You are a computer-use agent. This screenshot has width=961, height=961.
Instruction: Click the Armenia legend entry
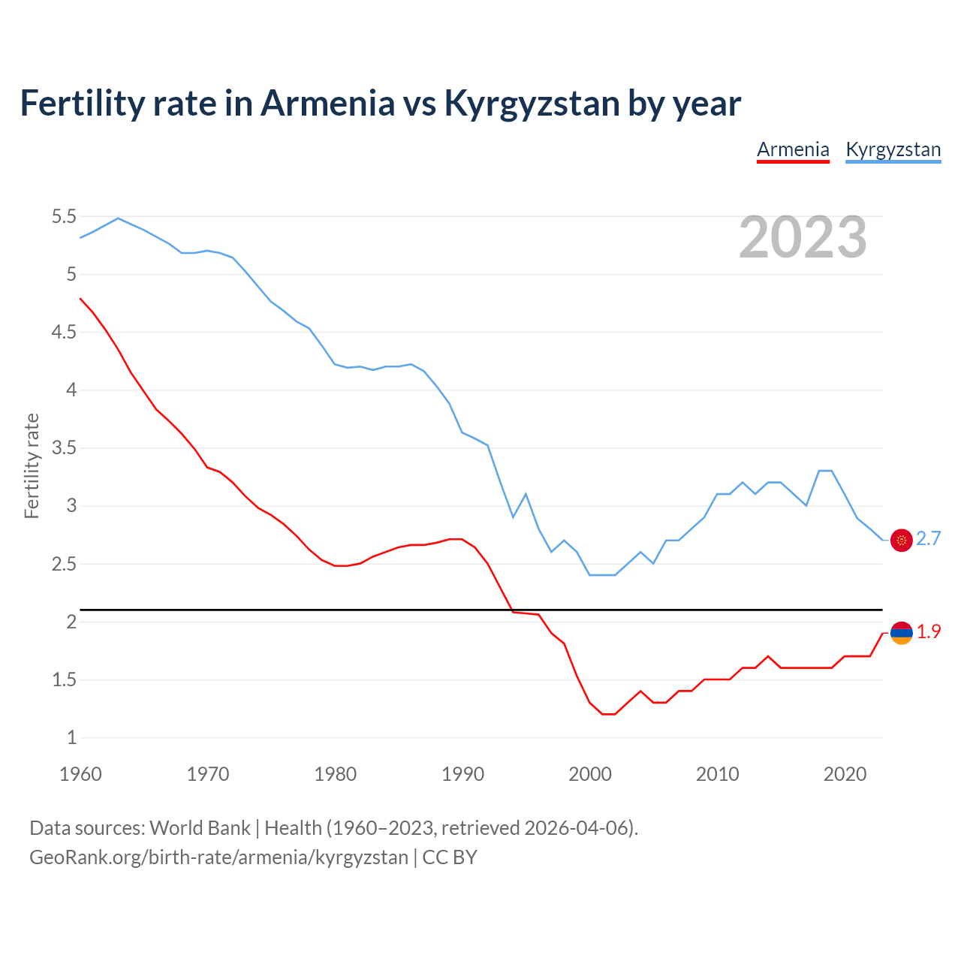[793, 149]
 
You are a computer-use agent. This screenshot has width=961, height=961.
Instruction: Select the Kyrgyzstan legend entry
[893, 149]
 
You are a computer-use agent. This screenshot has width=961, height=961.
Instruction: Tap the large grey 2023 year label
[803, 237]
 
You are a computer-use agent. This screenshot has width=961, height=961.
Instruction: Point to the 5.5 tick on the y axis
[64, 217]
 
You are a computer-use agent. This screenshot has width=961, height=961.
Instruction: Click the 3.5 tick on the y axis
[64, 448]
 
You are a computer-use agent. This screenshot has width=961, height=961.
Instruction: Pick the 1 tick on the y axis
[72, 737]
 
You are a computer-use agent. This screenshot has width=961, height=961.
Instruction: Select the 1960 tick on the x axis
[80, 774]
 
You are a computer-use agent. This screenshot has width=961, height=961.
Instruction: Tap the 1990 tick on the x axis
[462, 774]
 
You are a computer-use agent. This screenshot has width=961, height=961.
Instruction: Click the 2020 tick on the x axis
[845, 774]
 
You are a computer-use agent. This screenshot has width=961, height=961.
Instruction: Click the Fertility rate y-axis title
[32, 465]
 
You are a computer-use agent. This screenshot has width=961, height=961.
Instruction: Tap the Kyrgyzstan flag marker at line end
[901, 540]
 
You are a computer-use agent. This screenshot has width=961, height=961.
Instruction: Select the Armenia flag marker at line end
[901, 633]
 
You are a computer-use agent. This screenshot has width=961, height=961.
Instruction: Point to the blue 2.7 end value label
[929, 539]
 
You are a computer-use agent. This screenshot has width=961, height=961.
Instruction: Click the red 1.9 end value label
[929, 632]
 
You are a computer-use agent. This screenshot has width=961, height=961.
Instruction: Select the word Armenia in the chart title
[327, 104]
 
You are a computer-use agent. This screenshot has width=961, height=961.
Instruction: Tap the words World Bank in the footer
[200, 828]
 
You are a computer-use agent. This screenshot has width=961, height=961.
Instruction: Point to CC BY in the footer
[450, 857]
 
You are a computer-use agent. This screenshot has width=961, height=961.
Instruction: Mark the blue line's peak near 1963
[118, 218]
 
